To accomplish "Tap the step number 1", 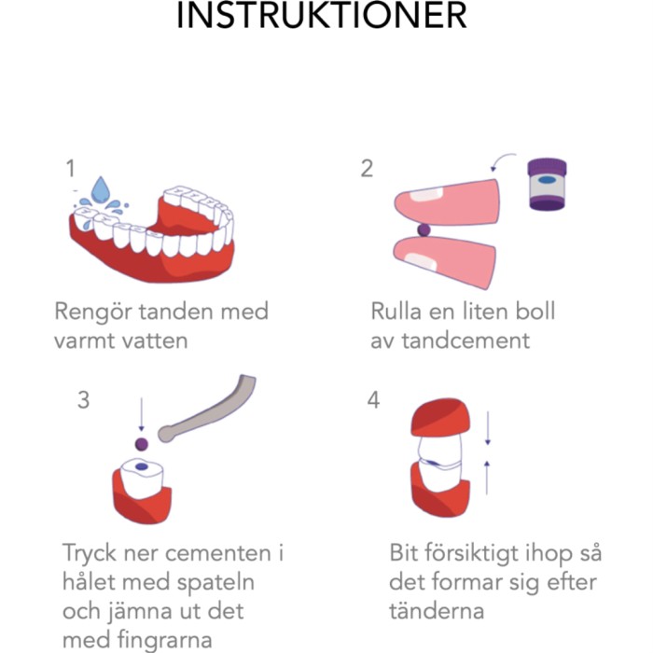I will click(70, 168).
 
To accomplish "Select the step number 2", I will click(367, 168).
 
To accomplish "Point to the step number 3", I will click(84, 399).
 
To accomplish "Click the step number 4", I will click(374, 399).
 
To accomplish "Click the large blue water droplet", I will click(96, 193).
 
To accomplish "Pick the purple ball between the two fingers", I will click(423, 228).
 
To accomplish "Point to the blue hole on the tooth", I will click(141, 467).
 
